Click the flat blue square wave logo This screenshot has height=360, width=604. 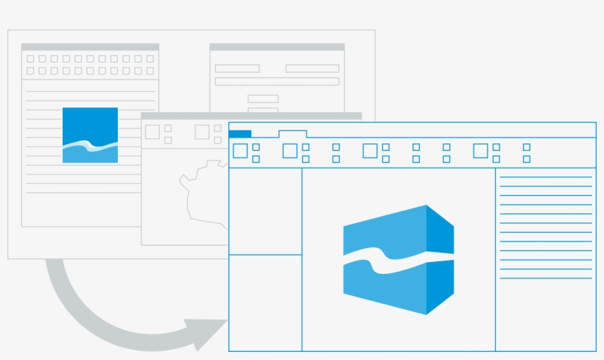pos(90,135)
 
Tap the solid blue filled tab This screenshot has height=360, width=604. pos(240,133)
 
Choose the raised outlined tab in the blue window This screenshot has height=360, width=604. pos(292,134)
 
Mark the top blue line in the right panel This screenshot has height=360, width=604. pos(546,177)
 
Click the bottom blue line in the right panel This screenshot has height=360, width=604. pos(546,278)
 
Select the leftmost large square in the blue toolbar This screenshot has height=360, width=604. pos(240,151)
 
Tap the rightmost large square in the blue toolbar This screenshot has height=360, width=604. pos(480,151)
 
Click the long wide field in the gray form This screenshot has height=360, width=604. pos(277,82)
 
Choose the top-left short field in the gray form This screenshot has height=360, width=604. pos(237,68)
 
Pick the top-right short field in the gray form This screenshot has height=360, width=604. pos(312,68)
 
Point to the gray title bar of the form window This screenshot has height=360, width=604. pos(277,47)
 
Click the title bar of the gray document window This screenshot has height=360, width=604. pos(90,47)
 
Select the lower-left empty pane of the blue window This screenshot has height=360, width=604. pos(265,303)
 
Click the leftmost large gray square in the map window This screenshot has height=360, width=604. pos(152,132)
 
